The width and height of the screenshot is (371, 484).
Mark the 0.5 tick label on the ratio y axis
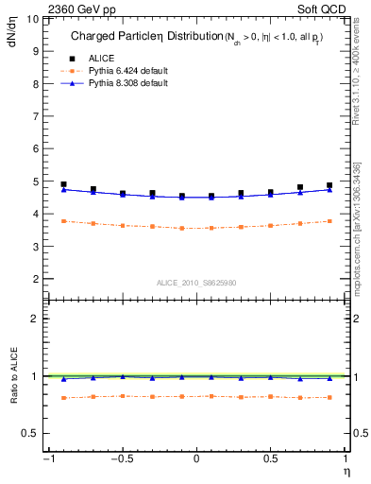click(x=29, y=433)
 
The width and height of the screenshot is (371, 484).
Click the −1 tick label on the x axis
click(x=47, y=459)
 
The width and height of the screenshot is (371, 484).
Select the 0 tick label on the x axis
click(x=195, y=459)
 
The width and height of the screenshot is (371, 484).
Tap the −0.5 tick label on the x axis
click(x=121, y=459)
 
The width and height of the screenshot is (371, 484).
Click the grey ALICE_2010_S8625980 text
click(x=195, y=282)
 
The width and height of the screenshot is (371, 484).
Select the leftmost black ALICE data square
click(x=63, y=184)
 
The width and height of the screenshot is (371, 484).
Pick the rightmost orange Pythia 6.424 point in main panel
click(x=329, y=221)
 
